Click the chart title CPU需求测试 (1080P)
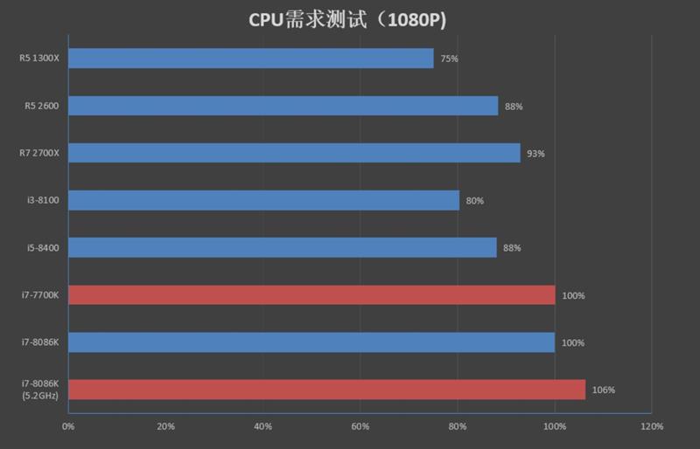[350, 18]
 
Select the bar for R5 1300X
[250, 59]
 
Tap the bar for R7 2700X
[293, 153]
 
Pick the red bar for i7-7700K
[311, 295]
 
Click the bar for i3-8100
[262, 200]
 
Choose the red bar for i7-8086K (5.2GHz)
[325, 390]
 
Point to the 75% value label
[450, 59]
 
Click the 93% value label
[535, 154]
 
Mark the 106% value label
[604, 390]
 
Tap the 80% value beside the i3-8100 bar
[475, 201]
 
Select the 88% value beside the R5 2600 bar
[514, 107]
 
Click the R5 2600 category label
[41, 107]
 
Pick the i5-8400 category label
[42, 248]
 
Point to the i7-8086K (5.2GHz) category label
[40, 390]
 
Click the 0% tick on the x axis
[67, 426]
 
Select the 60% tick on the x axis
[360, 426]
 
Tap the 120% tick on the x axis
[651, 426]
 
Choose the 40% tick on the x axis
[262, 426]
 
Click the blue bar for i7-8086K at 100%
[311, 342]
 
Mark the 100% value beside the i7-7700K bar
[573, 295]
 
